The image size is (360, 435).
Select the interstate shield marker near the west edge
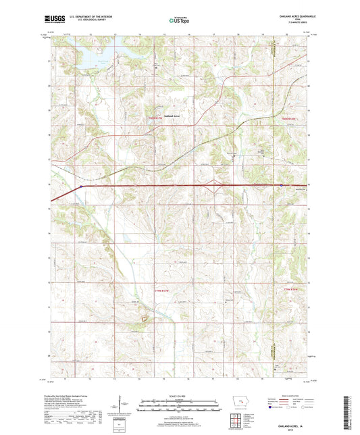[x=81, y=186]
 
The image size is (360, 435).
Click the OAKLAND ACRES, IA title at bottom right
[x=289, y=421]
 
